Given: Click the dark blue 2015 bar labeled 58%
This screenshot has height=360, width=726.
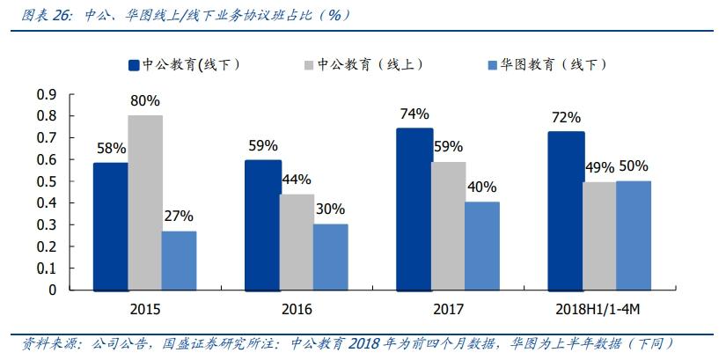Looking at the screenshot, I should point(111,226).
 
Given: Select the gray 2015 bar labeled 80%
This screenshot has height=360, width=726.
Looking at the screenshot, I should point(145,202).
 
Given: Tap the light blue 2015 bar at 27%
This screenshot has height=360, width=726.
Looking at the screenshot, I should point(179,261).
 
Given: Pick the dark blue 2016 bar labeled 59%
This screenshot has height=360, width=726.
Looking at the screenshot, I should point(262,224).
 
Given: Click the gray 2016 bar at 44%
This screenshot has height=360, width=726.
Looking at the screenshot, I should point(297,241).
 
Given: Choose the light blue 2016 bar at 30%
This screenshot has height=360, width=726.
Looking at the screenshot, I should point(331,256).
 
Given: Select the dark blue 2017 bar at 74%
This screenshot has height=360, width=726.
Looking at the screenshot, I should point(414,209).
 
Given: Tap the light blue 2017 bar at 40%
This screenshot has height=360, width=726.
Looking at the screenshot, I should point(482,246).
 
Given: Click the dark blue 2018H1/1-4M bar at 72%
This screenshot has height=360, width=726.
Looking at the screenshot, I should point(565,210).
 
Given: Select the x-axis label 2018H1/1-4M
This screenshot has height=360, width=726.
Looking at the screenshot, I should point(599,309).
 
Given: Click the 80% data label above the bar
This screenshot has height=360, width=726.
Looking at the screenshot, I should point(145,100).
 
